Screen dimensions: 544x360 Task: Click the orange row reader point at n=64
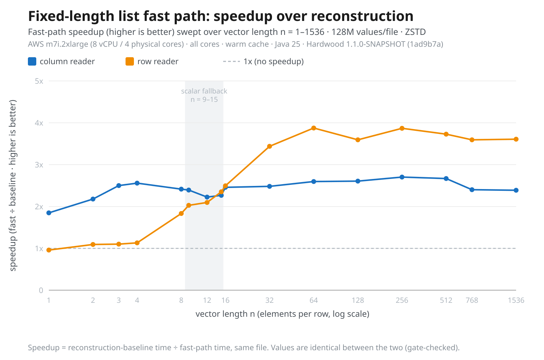click(x=313, y=128)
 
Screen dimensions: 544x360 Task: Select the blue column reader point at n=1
click(x=49, y=213)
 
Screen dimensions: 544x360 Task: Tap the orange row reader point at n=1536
click(x=516, y=139)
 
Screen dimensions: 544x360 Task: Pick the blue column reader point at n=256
click(x=402, y=177)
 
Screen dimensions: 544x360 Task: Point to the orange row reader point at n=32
click(x=269, y=146)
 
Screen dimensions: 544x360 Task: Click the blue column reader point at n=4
click(x=137, y=183)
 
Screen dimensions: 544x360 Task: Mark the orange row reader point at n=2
click(x=93, y=245)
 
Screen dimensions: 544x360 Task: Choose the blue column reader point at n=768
click(x=472, y=190)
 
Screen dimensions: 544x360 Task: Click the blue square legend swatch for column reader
click(x=32, y=61)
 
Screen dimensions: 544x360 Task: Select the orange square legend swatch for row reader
click(x=130, y=61)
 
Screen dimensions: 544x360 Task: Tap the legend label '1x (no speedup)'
click(x=274, y=61)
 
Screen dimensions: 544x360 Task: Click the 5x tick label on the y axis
click(x=39, y=81)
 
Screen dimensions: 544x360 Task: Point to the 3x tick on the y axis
click(x=39, y=165)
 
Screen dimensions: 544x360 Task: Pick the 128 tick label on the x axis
click(x=358, y=300)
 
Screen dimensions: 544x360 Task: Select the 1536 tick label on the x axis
click(x=516, y=300)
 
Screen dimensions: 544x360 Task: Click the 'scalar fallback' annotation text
click(x=204, y=91)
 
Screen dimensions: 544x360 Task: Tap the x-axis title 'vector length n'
click(x=225, y=314)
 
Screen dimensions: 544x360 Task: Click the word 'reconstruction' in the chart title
click(x=362, y=16)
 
